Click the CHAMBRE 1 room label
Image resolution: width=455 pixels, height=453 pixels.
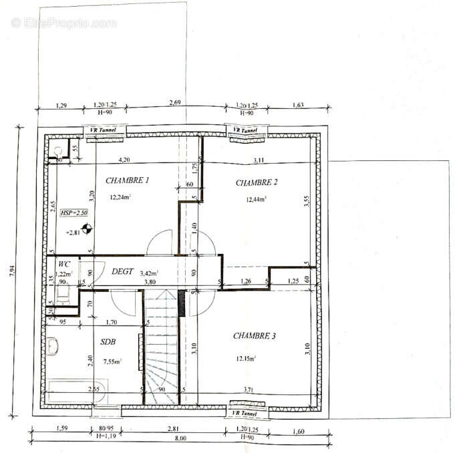point(127,180)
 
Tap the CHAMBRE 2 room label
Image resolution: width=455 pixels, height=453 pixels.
point(257,182)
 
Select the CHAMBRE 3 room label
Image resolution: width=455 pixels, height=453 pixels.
point(254,336)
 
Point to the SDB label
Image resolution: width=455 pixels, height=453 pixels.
point(108,341)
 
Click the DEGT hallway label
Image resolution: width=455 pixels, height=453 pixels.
point(122,272)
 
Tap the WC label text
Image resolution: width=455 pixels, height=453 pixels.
point(64,265)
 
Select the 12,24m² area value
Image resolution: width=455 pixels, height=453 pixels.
point(120,196)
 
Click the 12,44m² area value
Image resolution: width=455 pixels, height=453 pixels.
point(257,198)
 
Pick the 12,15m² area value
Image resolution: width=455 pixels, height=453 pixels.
point(246,358)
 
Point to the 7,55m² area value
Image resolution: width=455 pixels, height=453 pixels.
point(113,361)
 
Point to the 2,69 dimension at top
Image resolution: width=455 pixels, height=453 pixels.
point(174,103)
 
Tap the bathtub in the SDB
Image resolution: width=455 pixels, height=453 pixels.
point(73,391)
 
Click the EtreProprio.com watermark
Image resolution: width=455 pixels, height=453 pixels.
point(63,23)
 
